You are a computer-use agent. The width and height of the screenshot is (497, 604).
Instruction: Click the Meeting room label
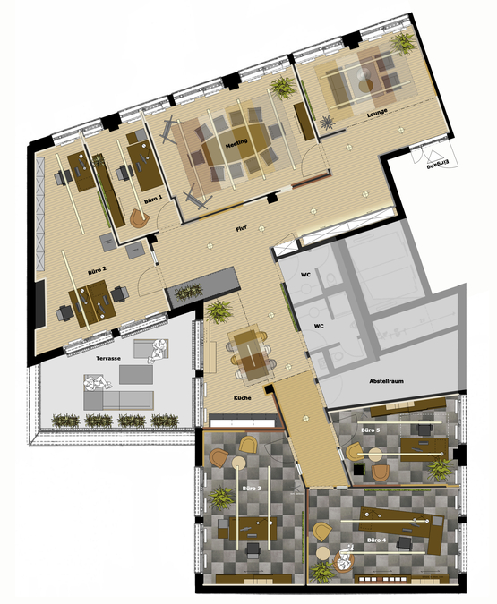[x=236, y=142]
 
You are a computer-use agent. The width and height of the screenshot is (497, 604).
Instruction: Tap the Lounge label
[x=377, y=115]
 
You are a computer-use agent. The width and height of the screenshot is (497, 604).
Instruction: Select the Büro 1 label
[x=152, y=198]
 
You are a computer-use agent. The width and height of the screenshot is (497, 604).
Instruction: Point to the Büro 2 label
[x=98, y=268]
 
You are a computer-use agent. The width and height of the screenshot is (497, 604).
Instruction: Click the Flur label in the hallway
[x=241, y=228]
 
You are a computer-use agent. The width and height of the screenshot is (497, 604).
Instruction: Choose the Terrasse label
[x=109, y=359]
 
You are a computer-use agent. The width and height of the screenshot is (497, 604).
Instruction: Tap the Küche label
[x=242, y=396]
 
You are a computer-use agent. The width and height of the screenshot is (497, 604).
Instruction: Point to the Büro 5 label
[x=370, y=430]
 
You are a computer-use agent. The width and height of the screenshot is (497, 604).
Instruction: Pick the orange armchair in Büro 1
[x=138, y=217]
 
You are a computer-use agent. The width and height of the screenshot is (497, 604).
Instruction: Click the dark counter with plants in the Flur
[x=203, y=285]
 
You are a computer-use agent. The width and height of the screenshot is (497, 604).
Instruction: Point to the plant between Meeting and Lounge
[x=283, y=87]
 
